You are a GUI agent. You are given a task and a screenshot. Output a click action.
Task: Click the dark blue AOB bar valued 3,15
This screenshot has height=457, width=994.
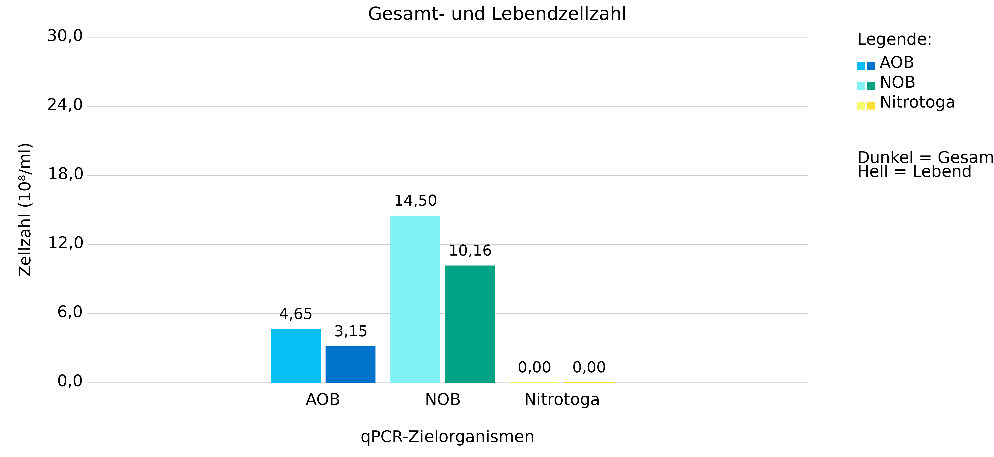pyautogui.click(x=350, y=364)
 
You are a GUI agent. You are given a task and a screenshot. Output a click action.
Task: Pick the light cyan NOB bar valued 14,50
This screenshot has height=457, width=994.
pyautogui.click(x=415, y=299)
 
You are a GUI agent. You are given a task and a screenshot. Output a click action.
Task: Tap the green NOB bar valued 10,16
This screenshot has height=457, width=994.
pyautogui.click(x=470, y=324)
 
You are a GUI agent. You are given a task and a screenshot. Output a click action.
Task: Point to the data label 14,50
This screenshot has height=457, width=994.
pyautogui.click(x=415, y=200)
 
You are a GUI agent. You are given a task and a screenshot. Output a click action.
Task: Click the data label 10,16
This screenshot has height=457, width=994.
pyautogui.click(x=470, y=251)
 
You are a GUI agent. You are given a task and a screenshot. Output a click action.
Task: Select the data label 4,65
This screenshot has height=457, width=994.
pyautogui.click(x=295, y=314)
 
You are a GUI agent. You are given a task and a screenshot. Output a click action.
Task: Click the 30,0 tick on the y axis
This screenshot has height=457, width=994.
pyautogui.click(x=65, y=36)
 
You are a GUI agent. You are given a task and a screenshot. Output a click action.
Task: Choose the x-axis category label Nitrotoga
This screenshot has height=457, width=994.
pyautogui.click(x=562, y=400)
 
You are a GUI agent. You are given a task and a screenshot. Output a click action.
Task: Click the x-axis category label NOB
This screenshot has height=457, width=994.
pyautogui.click(x=443, y=400)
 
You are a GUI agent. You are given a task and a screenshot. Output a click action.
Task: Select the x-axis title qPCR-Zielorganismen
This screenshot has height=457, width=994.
pyautogui.click(x=447, y=437)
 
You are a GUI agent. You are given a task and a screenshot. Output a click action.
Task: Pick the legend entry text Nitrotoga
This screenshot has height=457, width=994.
pyautogui.click(x=917, y=102)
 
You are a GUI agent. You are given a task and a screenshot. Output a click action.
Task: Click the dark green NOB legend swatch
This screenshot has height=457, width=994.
pyautogui.click(x=871, y=86)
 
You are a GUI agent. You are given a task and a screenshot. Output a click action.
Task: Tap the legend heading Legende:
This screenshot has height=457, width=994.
pyautogui.click(x=894, y=39)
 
